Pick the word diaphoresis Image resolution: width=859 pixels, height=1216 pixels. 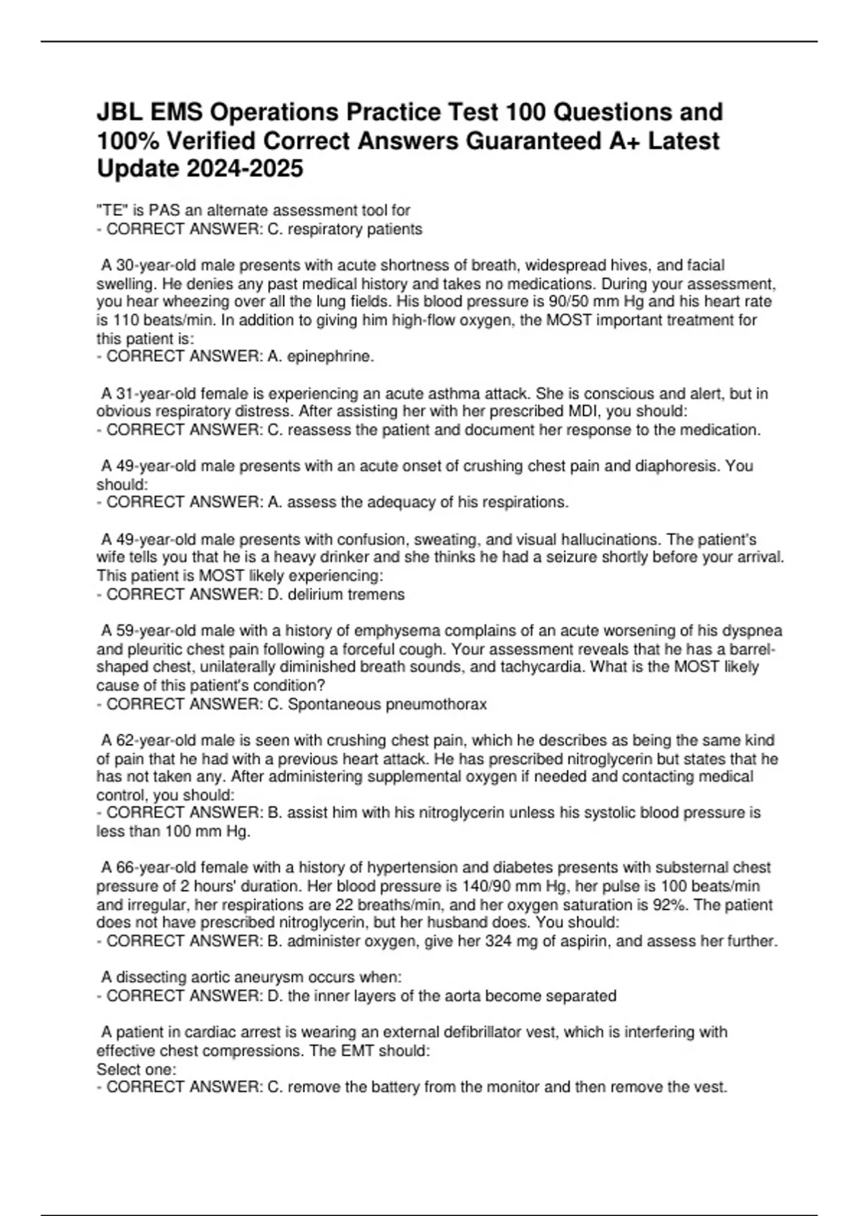coord(676,466)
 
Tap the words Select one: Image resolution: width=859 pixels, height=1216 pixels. coord(136,1069)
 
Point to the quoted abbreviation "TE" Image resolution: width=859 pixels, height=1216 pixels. coord(110,210)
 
